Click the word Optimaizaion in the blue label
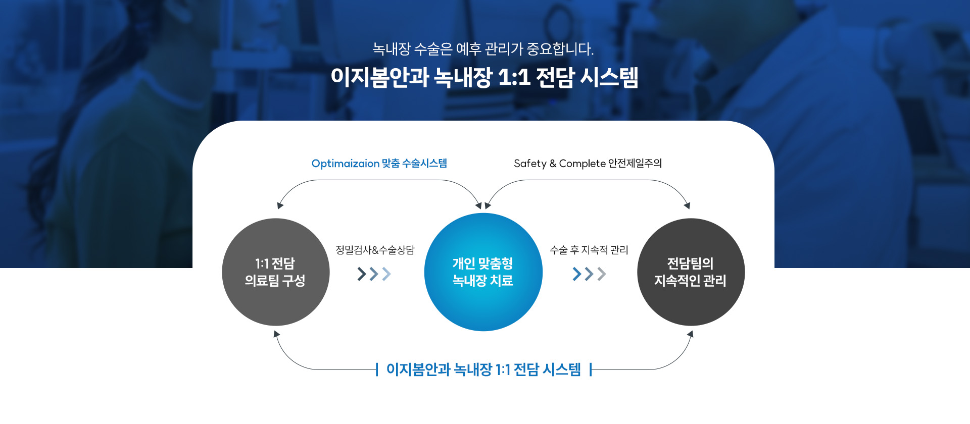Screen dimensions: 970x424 (x=346, y=164)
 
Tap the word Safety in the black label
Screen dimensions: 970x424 (x=530, y=164)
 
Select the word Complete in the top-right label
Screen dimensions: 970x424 (x=582, y=164)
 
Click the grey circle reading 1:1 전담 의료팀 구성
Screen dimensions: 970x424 (x=276, y=272)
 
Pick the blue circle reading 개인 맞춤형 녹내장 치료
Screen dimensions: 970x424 (x=483, y=272)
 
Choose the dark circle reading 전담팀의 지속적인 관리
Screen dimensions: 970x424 (x=691, y=272)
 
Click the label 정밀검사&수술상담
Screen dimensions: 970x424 (x=375, y=250)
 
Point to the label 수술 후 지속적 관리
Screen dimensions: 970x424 (x=589, y=250)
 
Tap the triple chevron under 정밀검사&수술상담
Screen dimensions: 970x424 (x=374, y=274)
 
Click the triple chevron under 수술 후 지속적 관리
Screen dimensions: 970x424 (x=589, y=274)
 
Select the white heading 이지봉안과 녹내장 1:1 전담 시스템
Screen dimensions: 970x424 (x=484, y=77)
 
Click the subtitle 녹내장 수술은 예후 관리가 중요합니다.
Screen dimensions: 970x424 (x=483, y=49)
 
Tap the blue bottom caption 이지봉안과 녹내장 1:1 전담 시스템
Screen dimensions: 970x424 (x=483, y=369)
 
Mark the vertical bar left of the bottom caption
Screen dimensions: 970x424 (x=377, y=369)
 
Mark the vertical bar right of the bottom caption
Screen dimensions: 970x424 (x=591, y=369)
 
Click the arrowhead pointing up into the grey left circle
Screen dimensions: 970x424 (x=276, y=334)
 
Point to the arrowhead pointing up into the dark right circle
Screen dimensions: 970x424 (x=691, y=334)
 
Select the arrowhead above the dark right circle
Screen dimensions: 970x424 (x=687, y=205)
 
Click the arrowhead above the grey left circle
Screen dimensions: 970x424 (x=280, y=205)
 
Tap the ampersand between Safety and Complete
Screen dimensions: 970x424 (x=553, y=164)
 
